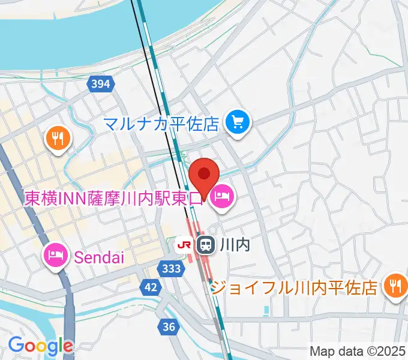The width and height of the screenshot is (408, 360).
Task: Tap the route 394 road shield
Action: pos(100,84)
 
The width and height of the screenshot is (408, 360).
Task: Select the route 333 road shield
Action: pos(172,269)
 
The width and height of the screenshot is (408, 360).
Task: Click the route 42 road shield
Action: pos(152,288)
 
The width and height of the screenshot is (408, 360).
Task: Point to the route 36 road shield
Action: pos(169,326)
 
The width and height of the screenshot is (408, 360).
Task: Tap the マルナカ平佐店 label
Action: pos(161,124)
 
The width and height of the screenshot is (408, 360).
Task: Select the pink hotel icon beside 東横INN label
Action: pos(222,196)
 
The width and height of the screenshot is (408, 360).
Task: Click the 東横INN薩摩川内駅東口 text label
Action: pos(114,197)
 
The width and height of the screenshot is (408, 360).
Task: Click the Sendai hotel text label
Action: pos(99,258)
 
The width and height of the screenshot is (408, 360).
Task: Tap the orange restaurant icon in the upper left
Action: pos(58,140)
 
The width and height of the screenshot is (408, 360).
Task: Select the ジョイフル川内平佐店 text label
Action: pos(296,287)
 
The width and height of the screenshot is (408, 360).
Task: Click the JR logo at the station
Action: pos(184,244)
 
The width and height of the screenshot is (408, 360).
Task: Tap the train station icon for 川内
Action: pos(206,244)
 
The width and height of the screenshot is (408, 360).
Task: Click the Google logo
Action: pos(40,346)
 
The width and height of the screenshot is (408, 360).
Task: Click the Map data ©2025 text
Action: pos(358,351)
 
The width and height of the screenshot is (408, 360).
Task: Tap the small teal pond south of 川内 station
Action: pos(266,310)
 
